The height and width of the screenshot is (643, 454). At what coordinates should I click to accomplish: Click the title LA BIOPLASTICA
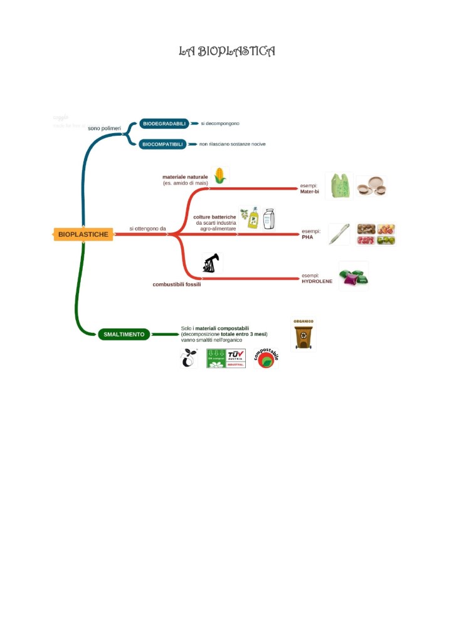click(x=227, y=51)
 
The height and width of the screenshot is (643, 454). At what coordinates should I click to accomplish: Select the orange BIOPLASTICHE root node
click(x=83, y=234)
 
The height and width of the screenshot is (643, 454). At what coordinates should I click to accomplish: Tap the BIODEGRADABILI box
click(x=164, y=124)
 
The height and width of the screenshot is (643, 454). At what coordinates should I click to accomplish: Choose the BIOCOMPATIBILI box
click(x=162, y=144)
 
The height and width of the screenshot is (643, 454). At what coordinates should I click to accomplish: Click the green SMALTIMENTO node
click(x=124, y=334)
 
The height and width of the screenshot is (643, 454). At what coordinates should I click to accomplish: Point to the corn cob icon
click(x=219, y=176)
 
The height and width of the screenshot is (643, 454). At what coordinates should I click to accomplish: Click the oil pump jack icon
click(x=211, y=263)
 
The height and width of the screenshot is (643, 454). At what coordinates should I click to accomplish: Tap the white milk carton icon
click(x=268, y=219)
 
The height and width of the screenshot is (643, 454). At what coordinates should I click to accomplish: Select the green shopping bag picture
click(x=339, y=186)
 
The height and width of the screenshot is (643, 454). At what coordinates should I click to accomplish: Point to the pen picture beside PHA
click(x=339, y=234)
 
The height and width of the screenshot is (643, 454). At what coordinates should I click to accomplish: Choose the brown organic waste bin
click(x=304, y=335)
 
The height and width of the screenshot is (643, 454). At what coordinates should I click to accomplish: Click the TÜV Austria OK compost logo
click(x=226, y=358)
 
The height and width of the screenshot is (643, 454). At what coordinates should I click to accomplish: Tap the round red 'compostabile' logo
click(x=267, y=359)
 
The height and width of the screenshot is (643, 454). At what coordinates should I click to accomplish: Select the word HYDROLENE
click(x=317, y=281)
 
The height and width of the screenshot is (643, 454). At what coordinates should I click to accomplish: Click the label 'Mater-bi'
click(x=310, y=191)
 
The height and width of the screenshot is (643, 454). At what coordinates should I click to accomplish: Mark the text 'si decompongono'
click(x=220, y=124)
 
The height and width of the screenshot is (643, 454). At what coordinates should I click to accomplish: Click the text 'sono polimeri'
click(x=104, y=128)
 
